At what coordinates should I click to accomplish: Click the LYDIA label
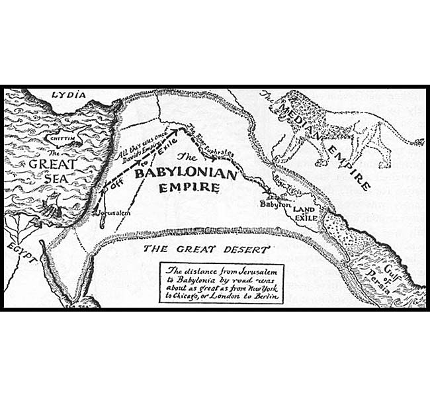click(69, 95)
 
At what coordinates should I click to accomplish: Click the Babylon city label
click(275, 205)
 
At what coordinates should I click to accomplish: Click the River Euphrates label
click(214, 142)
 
